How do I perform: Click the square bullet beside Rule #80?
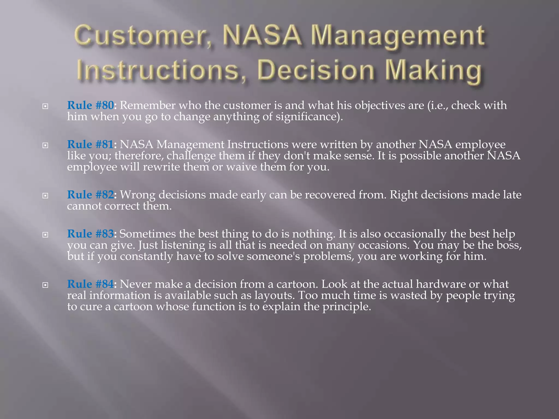45,106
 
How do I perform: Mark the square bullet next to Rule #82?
45,196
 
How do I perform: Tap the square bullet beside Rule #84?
45,285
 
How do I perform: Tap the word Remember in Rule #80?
147,105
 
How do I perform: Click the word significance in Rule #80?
307,117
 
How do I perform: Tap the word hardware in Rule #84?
441,284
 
